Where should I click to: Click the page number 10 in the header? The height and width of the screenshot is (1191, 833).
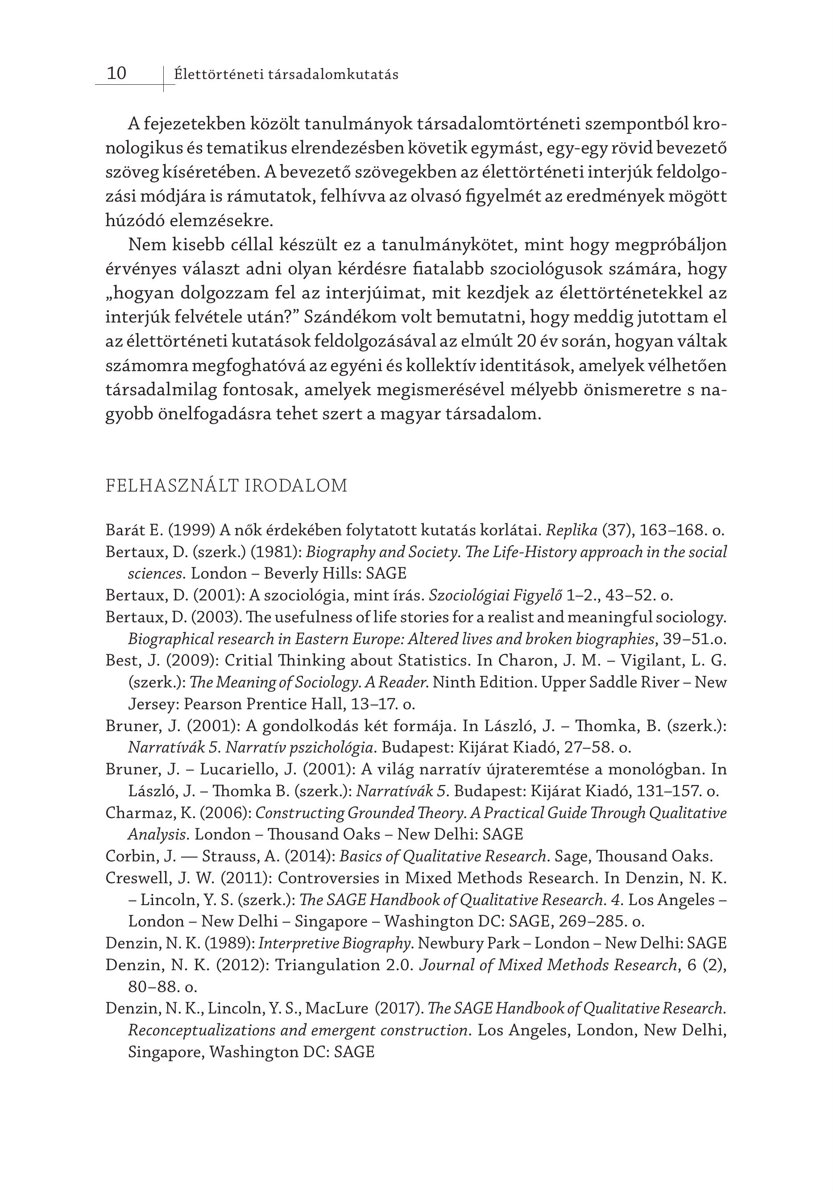click(x=116, y=73)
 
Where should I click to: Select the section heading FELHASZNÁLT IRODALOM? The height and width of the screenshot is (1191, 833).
click(x=226, y=486)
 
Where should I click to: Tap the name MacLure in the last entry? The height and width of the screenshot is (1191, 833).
click(x=336, y=1009)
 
